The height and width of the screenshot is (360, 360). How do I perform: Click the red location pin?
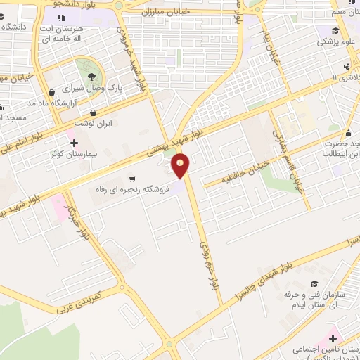[181, 166]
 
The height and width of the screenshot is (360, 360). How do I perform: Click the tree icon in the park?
[89, 77]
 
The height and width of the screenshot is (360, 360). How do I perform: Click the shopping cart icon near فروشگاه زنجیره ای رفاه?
[132, 179]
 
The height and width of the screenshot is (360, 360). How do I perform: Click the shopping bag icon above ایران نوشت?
[93, 112]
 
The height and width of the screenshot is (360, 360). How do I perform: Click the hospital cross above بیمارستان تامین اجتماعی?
[333, 339]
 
